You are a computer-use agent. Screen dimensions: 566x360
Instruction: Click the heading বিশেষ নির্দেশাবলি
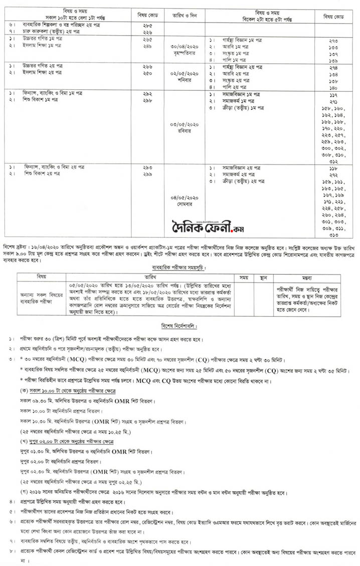pos(179,325)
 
